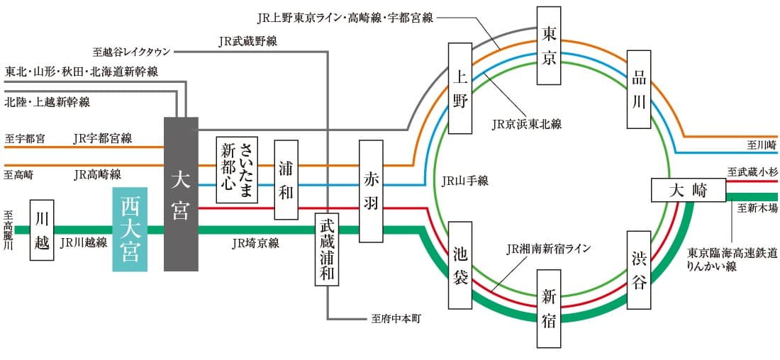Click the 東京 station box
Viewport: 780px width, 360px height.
pyautogui.click(x=550, y=47)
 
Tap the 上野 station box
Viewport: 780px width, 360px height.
pyautogui.click(x=460, y=88)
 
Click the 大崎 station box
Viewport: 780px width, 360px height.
pyautogui.click(x=689, y=191)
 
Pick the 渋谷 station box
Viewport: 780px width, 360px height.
pyautogui.click(x=639, y=270)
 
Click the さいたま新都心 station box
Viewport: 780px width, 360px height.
pyautogui.click(x=237, y=170)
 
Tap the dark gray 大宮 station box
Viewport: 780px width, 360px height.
pyautogui.click(x=181, y=194)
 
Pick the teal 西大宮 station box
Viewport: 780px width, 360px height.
pyautogui.click(x=130, y=230)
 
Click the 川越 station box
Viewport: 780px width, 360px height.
pyautogui.click(x=42, y=230)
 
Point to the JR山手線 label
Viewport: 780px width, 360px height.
pyautogui.click(x=464, y=181)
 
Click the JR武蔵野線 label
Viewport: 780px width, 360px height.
pyautogui.click(x=248, y=41)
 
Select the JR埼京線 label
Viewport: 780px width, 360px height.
pyautogui.click(x=255, y=243)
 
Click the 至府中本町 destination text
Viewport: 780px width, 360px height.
pyautogui.click(x=396, y=320)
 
